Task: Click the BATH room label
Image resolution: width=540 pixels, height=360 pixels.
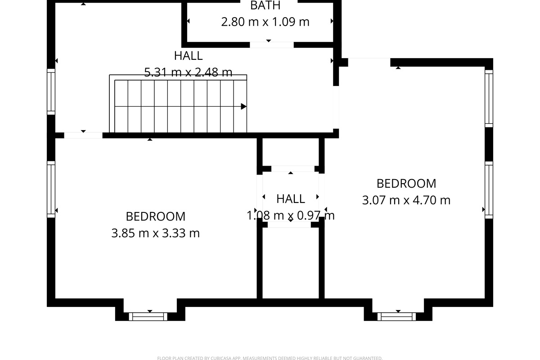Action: point(265,5)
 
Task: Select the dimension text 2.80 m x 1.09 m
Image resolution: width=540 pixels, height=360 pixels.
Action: point(265,22)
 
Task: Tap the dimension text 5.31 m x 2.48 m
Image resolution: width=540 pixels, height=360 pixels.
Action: point(188,72)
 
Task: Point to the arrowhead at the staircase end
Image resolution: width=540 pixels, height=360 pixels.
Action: point(243,107)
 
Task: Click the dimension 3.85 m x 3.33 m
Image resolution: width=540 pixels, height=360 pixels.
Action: point(155,233)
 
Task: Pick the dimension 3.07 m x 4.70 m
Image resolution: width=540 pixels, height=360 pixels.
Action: point(406,200)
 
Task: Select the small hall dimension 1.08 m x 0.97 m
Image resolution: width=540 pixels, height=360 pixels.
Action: point(290,216)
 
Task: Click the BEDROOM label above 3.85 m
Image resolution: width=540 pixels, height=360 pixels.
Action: point(155,216)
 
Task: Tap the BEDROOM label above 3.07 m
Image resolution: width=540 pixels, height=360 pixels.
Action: point(406,184)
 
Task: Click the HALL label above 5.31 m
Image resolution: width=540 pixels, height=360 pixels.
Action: point(188,56)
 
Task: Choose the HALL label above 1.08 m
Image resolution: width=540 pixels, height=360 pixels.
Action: point(290,198)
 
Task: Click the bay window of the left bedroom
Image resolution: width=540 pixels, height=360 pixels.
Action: point(148,316)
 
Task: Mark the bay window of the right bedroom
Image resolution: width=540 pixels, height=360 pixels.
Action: point(396,316)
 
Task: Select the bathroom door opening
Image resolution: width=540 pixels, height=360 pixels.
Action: point(272,45)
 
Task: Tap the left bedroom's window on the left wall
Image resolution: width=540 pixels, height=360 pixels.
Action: point(51,189)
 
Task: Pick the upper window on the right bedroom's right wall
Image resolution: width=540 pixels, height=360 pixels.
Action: point(489,97)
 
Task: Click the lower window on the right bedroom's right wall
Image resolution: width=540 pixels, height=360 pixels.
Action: point(489,189)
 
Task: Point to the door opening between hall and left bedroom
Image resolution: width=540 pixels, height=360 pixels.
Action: point(83,135)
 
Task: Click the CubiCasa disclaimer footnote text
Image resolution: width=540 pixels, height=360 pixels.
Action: point(270,358)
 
